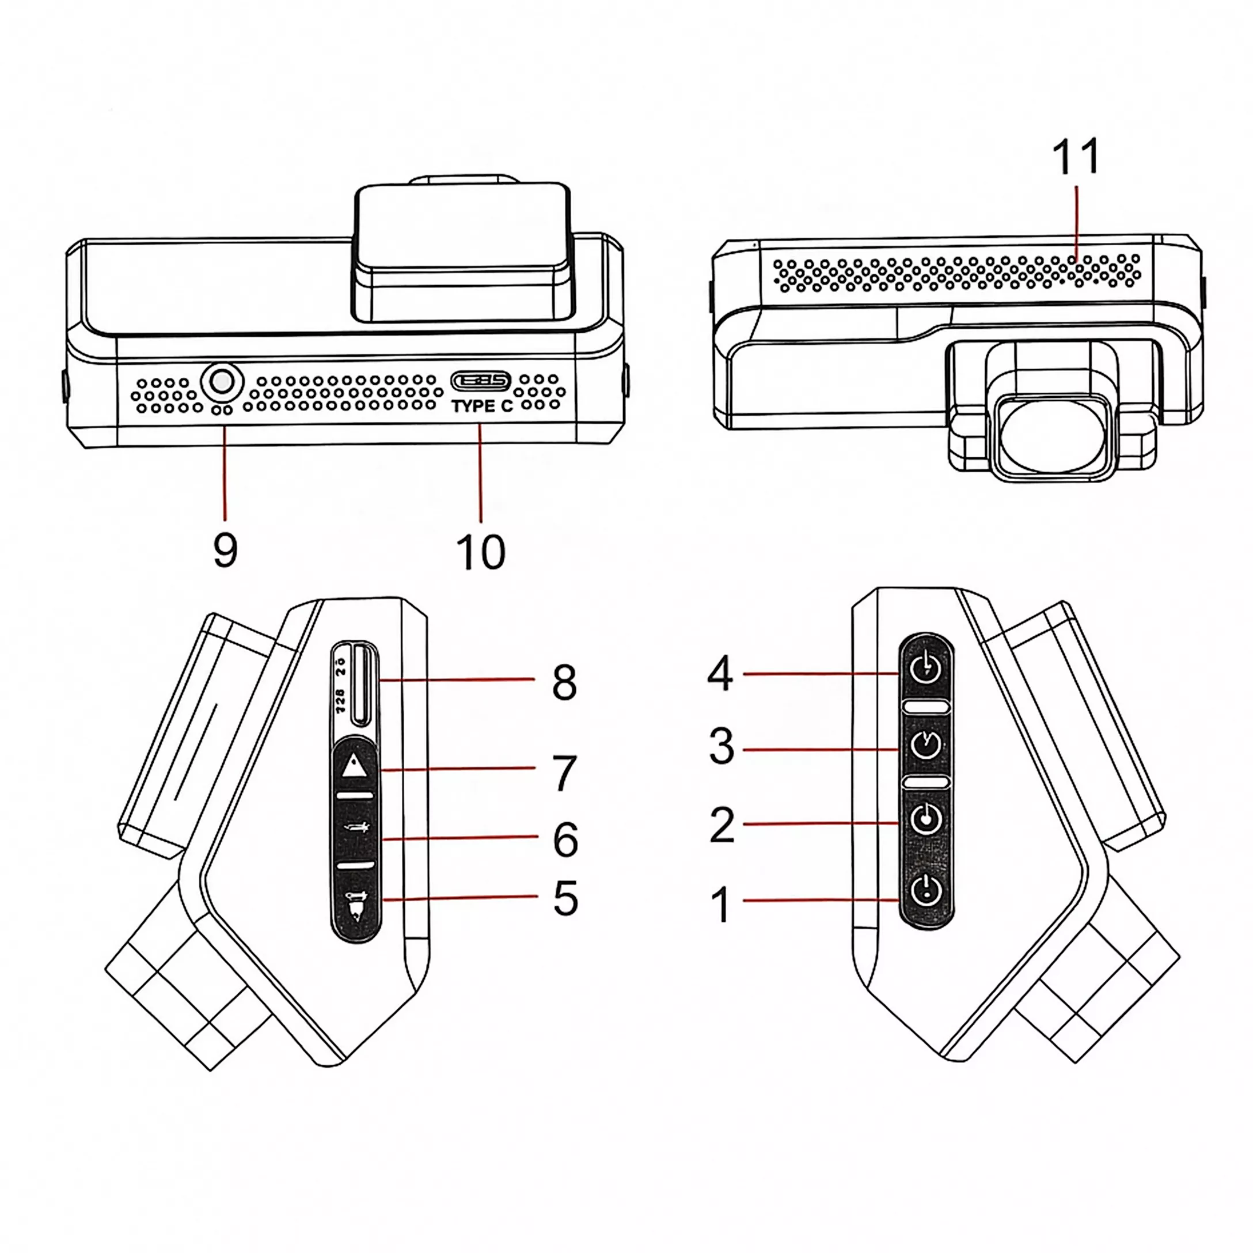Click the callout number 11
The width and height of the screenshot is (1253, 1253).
click(1075, 157)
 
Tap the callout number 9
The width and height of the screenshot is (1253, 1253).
click(225, 550)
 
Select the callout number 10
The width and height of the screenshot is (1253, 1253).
click(481, 553)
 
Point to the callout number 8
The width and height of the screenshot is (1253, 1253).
click(564, 682)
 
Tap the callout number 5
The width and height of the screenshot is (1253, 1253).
click(565, 898)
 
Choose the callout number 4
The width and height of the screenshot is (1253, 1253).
click(720, 674)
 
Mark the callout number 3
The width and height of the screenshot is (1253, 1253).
click(721, 746)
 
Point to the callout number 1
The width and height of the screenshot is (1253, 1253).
click(720, 905)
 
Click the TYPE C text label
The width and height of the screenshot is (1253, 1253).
click(482, 407)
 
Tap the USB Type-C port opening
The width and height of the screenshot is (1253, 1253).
click(481, 380)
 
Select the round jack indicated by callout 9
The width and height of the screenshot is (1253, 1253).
click(222, 383)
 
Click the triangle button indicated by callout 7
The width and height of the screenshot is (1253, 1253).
click(354, 768)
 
